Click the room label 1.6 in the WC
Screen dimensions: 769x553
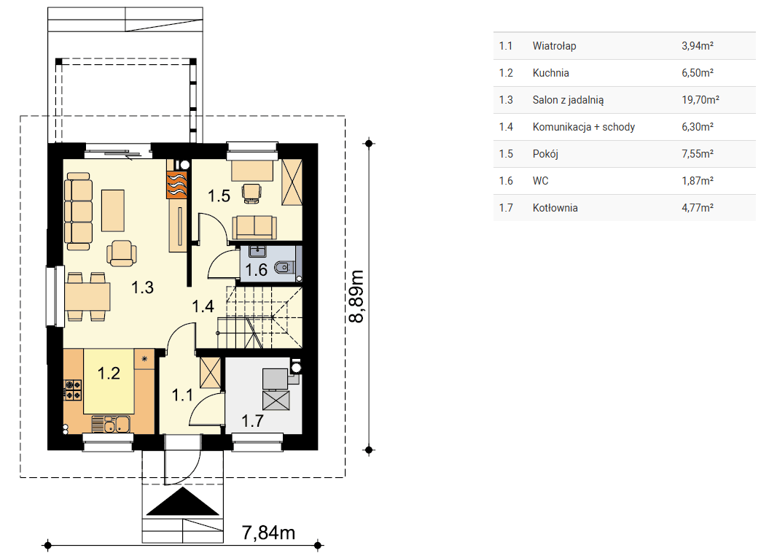tap(256, 270)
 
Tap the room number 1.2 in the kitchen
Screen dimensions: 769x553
tap(109, 374)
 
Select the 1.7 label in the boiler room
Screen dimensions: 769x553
tap(253, 420)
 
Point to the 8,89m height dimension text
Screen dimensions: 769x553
tap(356, 296)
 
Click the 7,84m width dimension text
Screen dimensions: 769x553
tap(268, 533)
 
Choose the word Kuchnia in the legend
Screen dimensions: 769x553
tap(551, 73)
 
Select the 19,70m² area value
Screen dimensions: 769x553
tap(700, 100)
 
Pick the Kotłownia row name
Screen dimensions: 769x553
tap(555, 208)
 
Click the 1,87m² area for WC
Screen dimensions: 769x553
tap(698, 181)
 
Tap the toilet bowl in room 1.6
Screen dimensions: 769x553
tap(284, 268)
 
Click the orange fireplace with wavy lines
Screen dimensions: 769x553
tap(176, 185)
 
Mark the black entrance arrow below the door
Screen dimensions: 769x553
tap(183, 501)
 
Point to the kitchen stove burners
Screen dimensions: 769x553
tap(73, 390)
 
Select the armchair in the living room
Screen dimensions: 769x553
tap(121, 253)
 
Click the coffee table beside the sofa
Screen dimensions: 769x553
tap(113, 211)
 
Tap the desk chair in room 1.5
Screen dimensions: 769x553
tap(251, 193)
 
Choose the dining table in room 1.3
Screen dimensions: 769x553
tap(87, 297)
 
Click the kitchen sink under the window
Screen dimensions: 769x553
tap(111, 425)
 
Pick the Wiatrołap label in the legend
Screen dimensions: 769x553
tap(554, 46)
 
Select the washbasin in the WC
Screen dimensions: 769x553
tap(257, 252)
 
